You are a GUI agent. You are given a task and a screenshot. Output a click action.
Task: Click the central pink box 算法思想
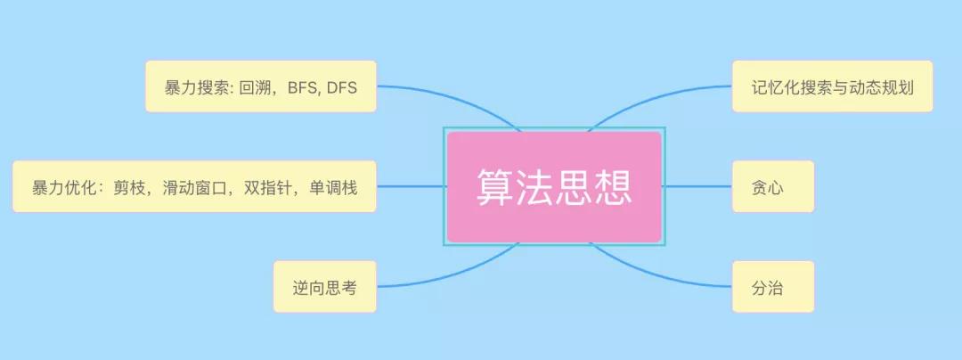click(x=554, y=186)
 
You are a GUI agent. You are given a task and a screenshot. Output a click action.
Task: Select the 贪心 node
click(x=773, y=186)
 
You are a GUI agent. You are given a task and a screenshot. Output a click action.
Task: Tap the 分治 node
click(x=773, y=286)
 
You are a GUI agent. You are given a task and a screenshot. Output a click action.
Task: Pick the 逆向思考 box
click(x=324, y=286)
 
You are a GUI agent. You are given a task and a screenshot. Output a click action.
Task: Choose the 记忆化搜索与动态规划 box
click(x=833, y=86)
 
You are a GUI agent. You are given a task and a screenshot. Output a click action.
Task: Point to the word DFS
click(x=342, y=87)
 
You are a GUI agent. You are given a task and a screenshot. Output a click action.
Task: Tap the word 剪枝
click(x=129, y=187)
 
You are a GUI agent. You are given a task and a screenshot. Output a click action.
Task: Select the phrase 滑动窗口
click(x=193, y=187)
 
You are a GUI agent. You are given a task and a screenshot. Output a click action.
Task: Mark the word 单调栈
click(x=333, y=187)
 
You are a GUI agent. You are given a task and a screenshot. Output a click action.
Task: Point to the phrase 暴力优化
click(x=63, y=187)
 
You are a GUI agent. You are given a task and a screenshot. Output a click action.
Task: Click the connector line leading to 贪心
click(x=697, y=186)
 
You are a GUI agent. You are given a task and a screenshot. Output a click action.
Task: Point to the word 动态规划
click(x=882, y=87)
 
